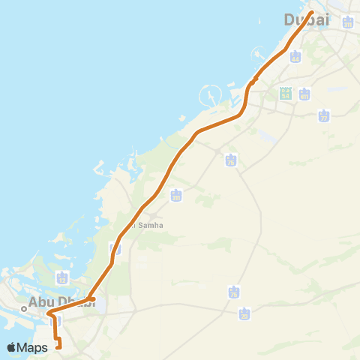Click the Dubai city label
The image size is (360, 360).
pyautogui.click(x=307, y=20)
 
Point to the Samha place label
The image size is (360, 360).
pyautogui.click(x=147, y=224)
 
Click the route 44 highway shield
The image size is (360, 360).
pyautogui.click(x=295, y=57)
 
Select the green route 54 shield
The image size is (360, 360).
pyautogui.click(x=285, y=94)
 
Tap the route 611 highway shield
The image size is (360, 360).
pyautogui.click(x=304, y=94)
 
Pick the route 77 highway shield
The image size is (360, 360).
pyautogui.click(x=323, y=116)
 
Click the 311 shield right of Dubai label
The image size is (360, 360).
pyautogui.click(x=347, y=22)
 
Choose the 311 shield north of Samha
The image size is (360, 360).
pyautogui.click(x=176, y=196)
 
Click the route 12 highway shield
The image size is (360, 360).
pyautogui.click(x=62, y=278)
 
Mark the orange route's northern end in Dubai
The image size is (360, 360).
pyautogui.click(x=311, y=12)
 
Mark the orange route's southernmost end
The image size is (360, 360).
pyautogui.click(x=58, y=346)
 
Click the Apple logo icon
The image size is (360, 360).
pyautogui.click(x=13, y=347)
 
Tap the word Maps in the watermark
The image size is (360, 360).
pyautogui.click(x=34, y=347)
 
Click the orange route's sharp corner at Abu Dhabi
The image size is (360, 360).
pyautogui.click(x=48, y=312)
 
